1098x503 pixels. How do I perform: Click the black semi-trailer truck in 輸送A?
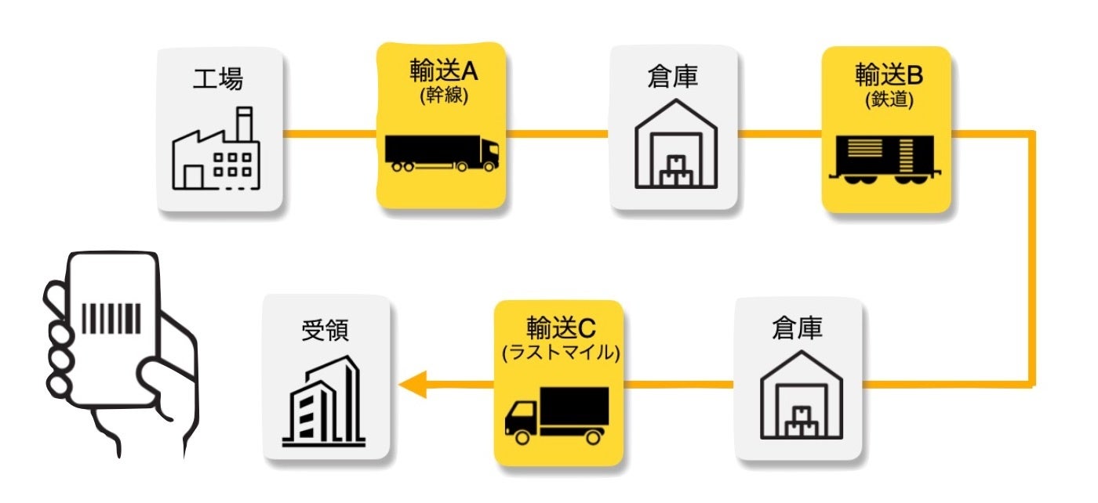(442, 153)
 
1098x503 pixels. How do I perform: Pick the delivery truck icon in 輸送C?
(557, 414)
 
